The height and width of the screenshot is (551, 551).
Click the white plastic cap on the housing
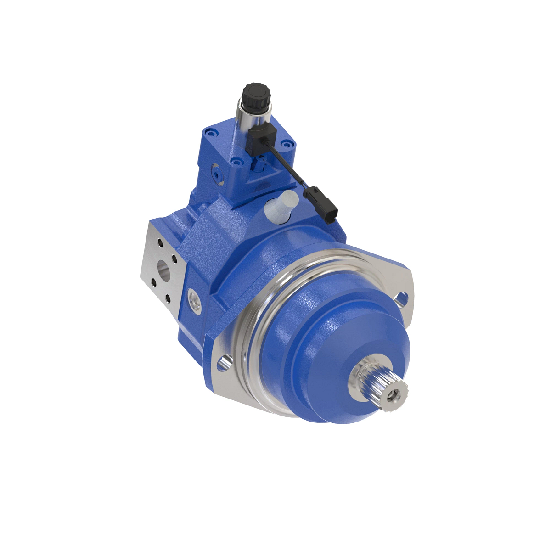pyautogui.click(x=281, y=205)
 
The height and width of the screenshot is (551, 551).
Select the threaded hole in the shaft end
pyautogui.click(x=393, y=394)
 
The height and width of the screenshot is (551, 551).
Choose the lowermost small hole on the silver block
pyautogui.click(x=168, y=299)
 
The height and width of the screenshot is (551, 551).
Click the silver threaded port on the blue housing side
pyautogui.click(x=195, y=301)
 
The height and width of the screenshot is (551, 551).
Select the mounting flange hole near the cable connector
pyautogui.click(x=400, y=299)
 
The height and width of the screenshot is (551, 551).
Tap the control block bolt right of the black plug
pyautogui.click(x=287, y=144)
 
